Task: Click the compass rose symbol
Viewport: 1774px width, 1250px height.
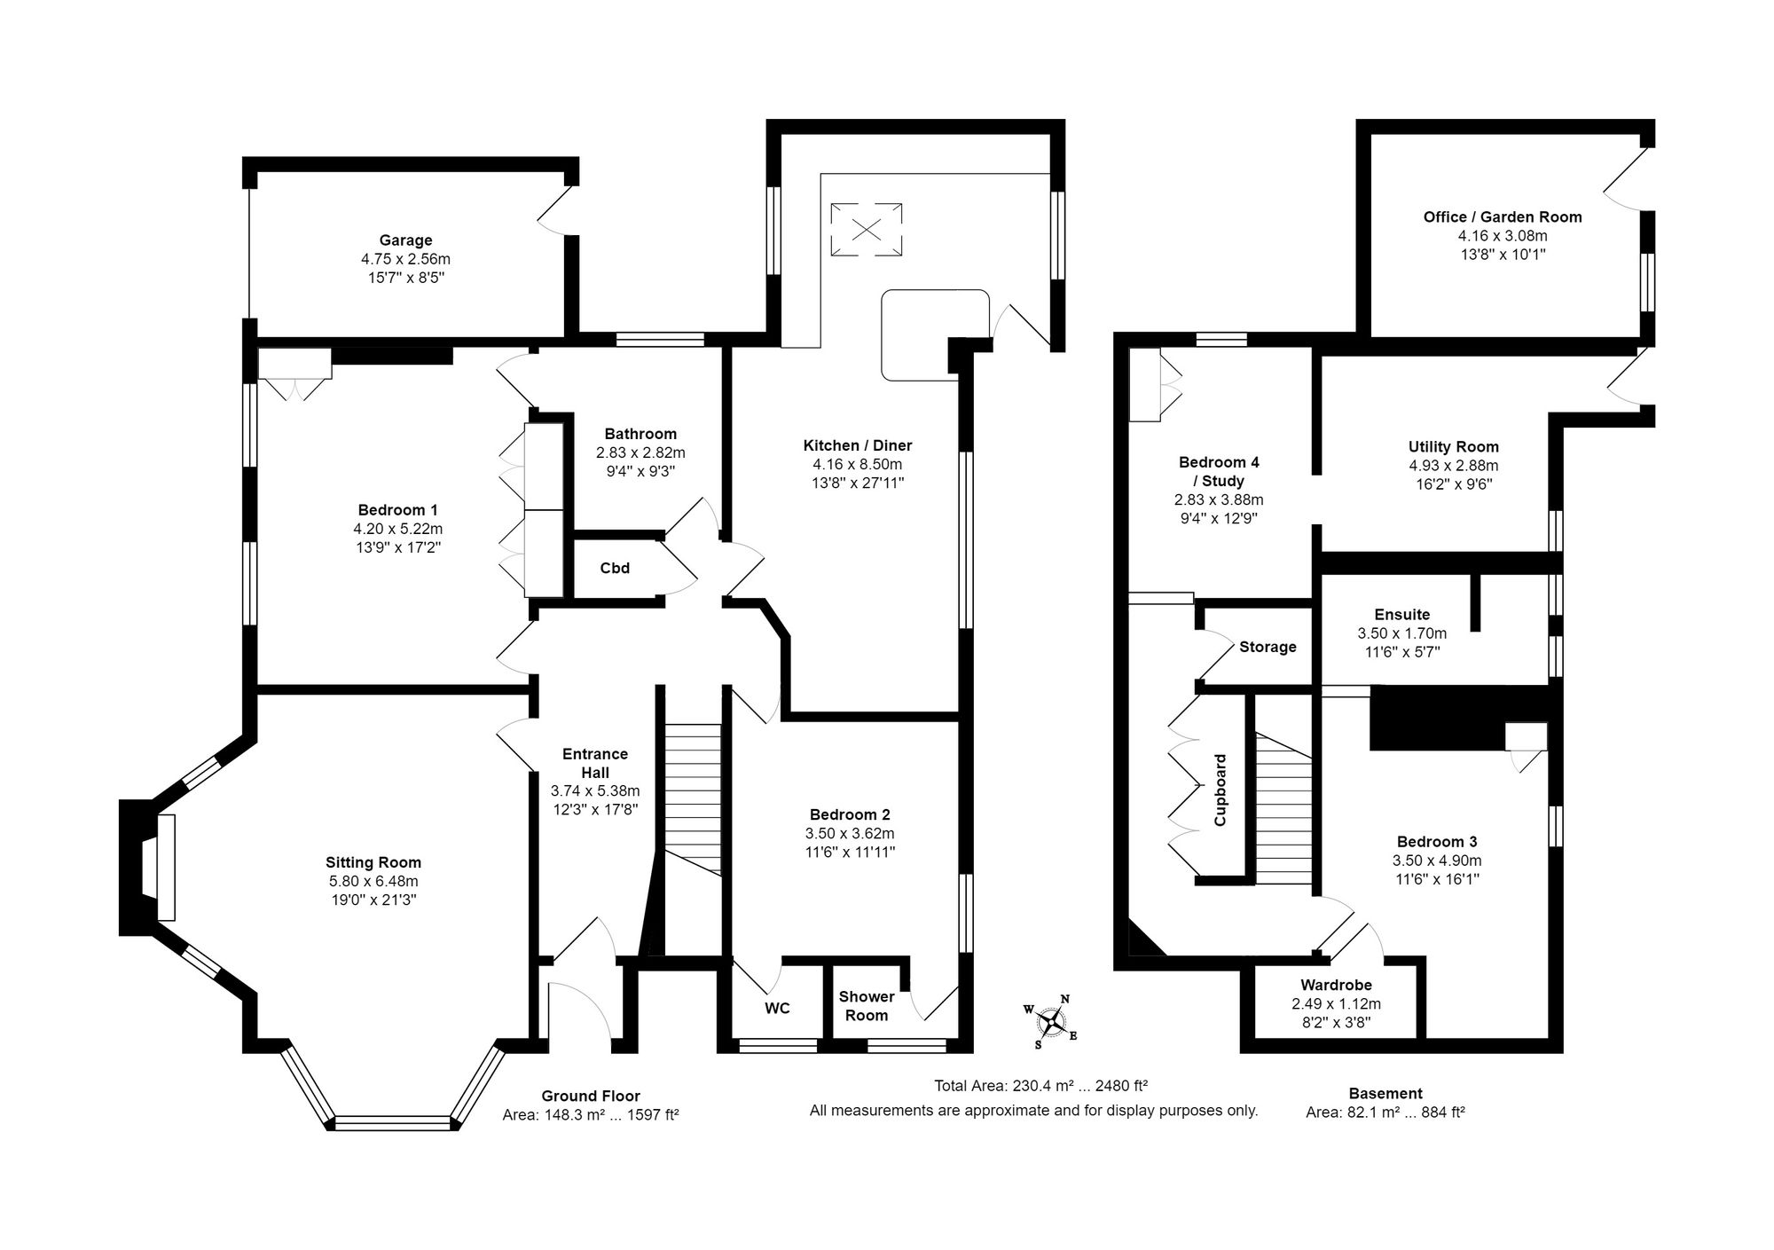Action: (1051, 1023)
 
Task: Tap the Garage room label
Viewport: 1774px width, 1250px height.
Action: (405, 240)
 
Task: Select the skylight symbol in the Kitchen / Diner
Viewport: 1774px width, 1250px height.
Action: (867, 230)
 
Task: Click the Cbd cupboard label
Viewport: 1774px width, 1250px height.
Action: (615, 568)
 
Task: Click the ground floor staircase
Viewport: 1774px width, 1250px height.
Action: (693, 798)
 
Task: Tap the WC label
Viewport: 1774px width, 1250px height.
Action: (777, 1008)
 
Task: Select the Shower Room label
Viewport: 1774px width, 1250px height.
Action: (867, 1006)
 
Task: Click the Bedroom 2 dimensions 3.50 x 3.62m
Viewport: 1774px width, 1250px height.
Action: (850, 833)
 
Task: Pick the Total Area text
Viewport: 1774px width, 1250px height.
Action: (1040, 1085)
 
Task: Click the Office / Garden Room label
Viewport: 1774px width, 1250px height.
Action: (1502, 216)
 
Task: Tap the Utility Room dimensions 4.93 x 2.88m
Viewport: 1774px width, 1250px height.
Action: (1453, 466)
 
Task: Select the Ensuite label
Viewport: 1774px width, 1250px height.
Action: (1401, 614)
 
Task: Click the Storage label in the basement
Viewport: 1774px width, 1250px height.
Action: (1268, 647)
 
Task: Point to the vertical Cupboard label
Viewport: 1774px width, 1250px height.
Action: (1221, 790)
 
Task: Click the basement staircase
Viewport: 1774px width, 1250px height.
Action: (1283, 807)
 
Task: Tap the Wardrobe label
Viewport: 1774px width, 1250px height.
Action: (1336, 985)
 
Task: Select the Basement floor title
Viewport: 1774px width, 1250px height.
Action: (1385, 1093)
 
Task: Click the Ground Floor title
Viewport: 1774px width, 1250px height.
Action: (591, 1096)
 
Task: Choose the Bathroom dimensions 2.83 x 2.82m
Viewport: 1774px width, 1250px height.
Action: (640, 452)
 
